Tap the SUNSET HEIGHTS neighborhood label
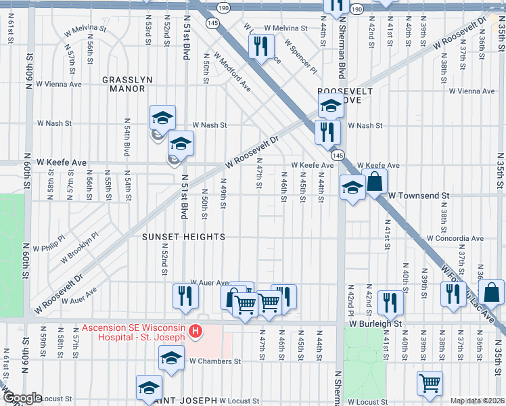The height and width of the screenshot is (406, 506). [x=183, y=237]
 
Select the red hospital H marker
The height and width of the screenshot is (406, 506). [x=195, y=331]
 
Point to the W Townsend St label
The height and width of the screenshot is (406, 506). [x=418, y=195]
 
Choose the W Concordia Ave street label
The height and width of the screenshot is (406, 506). [x=455, y=238]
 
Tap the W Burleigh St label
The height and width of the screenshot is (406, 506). [x=375, y=324]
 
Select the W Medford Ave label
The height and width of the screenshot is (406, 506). [x=233, y=73]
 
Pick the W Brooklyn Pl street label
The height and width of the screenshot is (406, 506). [x=79, y=248]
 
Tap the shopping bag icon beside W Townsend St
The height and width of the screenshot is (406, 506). [x=375, y=181]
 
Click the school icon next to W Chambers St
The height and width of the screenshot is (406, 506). [x=171, y=357]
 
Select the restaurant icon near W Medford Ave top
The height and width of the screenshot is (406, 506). [x=260, y=46]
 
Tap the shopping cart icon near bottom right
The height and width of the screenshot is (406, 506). [x=430, y=382]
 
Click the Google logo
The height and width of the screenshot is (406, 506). [x=22, y=398]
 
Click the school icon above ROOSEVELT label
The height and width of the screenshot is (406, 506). [x=331, y=106]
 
